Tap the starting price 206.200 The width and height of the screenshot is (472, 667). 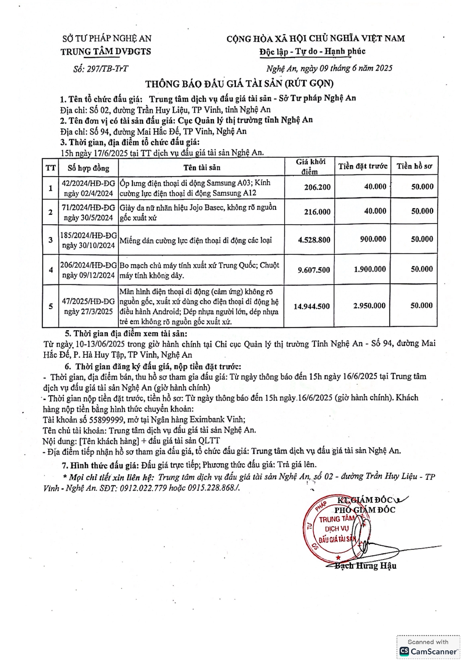[x=317, y=187]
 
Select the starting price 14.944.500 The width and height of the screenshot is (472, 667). [x=311, y=306]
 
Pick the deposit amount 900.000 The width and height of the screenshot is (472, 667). [x=373, y=239]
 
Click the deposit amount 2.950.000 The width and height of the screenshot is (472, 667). [x=369, y=306]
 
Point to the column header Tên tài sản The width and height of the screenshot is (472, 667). [x=202, y=168]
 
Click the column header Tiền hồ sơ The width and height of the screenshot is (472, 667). [x=414, y=166]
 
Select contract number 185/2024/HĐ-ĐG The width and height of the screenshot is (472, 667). [x=88, y=236]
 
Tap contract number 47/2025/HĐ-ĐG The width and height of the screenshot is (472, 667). [x=88, y=302]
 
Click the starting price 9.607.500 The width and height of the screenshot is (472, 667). [x=314, y=270]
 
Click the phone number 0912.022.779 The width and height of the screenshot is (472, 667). [x=143, y=488]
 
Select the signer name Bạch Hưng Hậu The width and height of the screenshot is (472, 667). [x=365, y=566]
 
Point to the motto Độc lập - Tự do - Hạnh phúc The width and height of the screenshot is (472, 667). [x=312, y=52]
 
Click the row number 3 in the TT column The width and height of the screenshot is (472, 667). [x=51, y=240]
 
